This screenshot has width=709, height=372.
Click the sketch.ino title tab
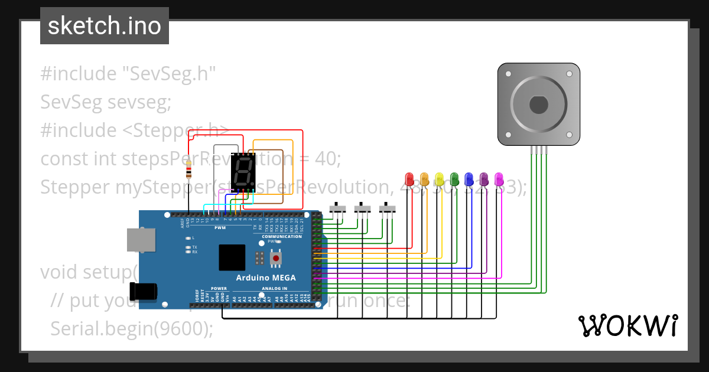pos(105,26)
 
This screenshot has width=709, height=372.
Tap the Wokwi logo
pos(627,325)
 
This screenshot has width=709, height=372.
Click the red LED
pos(409,178)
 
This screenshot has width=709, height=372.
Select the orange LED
pos(424,178)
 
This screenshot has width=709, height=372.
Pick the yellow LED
pos(439,178)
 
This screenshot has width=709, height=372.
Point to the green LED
pos(454,178)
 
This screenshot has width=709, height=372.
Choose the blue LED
pos(469,178)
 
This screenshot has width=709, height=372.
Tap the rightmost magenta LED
pos(499,178)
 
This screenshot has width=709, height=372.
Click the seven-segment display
pos(243,172)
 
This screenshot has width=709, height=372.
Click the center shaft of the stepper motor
pos(538,105)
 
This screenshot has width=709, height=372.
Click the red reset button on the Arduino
pos(275,259)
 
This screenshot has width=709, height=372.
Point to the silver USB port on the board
pos(142,240)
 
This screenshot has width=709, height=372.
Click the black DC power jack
pos(144,291)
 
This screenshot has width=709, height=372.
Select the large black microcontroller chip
pos(232,257)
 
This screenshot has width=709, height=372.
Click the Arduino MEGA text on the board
pos(266,278)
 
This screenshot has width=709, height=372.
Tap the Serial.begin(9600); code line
pos(132,328)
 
